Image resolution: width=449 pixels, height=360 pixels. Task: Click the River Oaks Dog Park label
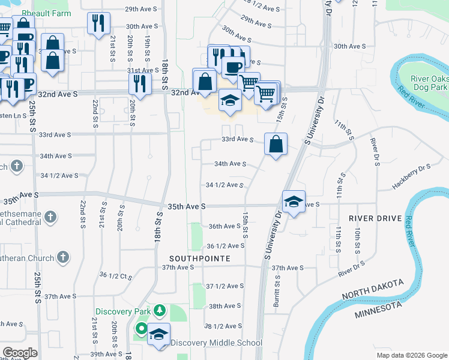[429, 83]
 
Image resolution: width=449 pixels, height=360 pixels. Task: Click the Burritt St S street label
[277, 292]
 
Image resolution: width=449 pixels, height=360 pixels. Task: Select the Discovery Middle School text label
[216, 343]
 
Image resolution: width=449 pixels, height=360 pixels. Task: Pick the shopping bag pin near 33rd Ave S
[276, 144]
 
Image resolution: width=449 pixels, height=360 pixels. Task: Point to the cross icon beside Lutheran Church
[63, 258]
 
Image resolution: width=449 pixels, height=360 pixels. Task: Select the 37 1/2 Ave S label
[225, 286]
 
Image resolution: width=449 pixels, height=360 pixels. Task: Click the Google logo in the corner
[20, 353]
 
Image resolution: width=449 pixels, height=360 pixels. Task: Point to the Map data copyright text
[411, 355]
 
